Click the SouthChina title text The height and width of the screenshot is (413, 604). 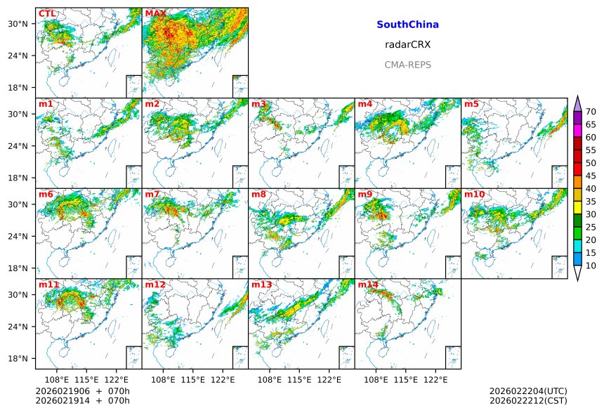407,25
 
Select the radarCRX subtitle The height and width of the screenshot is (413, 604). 407,44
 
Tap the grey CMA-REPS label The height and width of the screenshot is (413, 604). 407,65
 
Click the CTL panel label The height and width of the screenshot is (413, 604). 47,13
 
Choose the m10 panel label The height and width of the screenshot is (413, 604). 474,194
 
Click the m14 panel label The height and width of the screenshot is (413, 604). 368,284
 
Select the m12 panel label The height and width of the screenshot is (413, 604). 155,284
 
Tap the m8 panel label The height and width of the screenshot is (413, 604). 258,194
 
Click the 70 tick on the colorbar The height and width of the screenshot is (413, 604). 591,112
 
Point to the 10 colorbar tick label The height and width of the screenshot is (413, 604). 591,265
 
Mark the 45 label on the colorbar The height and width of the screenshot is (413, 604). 591,176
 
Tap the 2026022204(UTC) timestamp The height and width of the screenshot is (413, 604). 528,391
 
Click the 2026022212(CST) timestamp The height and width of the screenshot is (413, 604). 528,400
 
